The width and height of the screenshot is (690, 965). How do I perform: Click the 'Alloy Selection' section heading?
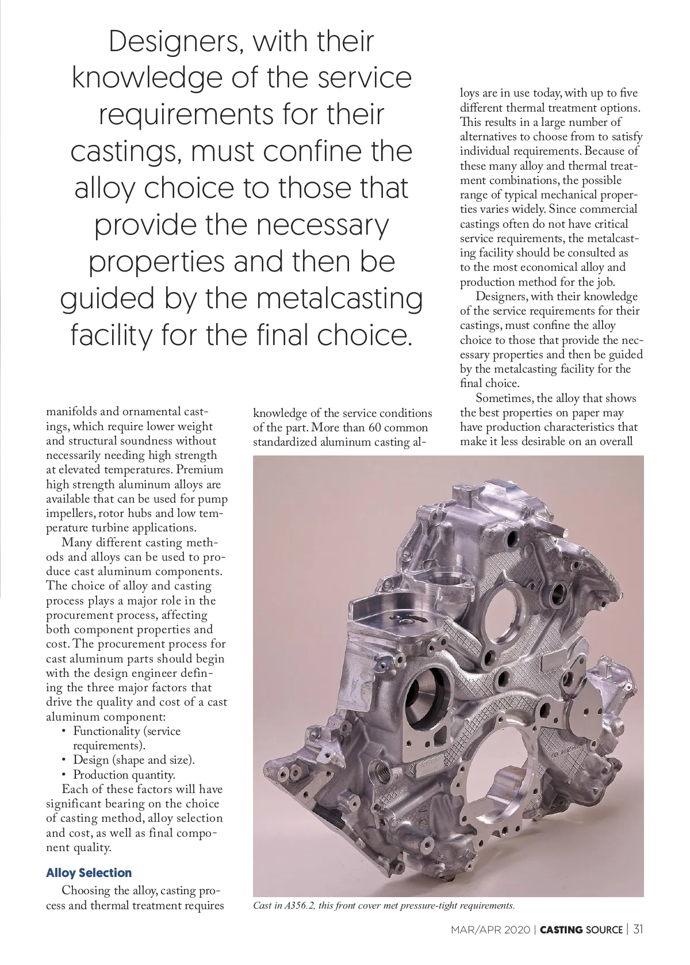89,872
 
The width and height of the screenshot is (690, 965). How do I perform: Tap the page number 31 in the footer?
638,929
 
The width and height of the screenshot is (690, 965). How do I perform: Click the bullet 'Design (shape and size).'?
133,760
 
